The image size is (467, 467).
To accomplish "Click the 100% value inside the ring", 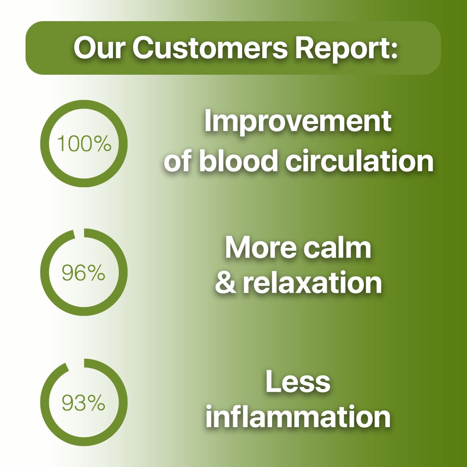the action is (84, 143).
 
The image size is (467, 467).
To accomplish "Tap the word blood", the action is (238, 160).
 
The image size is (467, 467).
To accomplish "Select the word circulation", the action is (359, 160).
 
